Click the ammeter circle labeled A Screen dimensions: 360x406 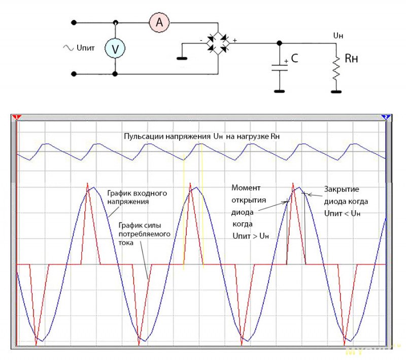[159, 22]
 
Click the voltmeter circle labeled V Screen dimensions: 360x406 [115, 48]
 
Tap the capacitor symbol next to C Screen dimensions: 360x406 [279, 67]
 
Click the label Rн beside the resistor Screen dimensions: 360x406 [351, 58]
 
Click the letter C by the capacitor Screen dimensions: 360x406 [294, 59]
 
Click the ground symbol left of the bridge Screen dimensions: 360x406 [181, 58]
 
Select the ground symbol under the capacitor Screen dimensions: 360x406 [279, 91]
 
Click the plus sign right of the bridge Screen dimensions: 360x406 [234, 39]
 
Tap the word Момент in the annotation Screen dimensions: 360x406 [244, 187]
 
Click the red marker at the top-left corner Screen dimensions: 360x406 [16, 117]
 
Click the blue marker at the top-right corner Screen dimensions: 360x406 [385, 117]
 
